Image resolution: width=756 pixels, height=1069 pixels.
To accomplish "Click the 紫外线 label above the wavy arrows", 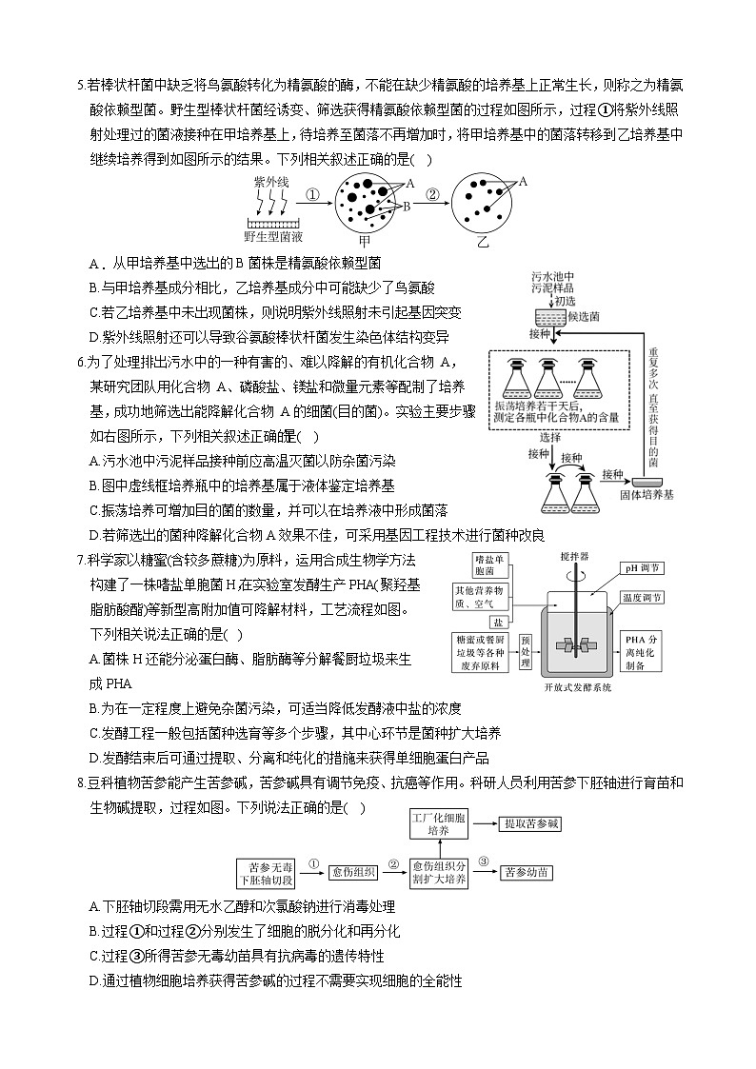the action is [270, 181].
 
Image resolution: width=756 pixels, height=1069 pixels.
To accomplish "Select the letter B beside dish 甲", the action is [405, 205].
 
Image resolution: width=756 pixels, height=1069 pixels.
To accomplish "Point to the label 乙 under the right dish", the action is [482, 243].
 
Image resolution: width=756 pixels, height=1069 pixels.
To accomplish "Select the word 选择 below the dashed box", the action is [549, 437].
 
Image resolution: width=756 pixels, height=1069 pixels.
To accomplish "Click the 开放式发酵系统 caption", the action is [577, 687].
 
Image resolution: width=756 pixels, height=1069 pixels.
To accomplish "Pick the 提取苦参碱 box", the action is [531, 822].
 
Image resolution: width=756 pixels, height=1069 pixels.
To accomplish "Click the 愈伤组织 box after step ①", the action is [353, 871].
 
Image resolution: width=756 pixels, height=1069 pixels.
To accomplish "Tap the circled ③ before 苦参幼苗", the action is [484, 861].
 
